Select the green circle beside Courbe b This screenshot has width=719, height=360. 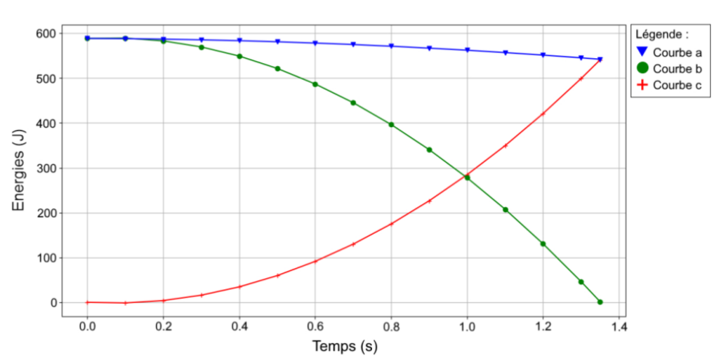pyautogui.click(x=642, y=69)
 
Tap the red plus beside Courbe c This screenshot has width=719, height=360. pyautogui.click(x=642, y=86)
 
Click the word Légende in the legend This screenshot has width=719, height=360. pyautogui.click(x=660, y=34)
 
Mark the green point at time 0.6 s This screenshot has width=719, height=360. pyautogui.click(x=315, y=84)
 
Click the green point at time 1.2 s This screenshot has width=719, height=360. pyautogui.click(x=543, y=244)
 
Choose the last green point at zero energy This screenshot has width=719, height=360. pyautogui.click(x=600, y=302)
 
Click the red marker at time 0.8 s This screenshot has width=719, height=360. pyautogui.click(x=391, y=224)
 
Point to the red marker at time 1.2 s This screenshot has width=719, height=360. pyautogui.click(x=543, y=114)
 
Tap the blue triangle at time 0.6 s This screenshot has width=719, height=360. pyautogui.click(x=315, y=44)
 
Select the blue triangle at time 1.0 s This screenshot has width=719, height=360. pyautogui.click(x=467, y=51)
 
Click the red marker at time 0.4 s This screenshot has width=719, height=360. pyautogui.click(x=239, y=286)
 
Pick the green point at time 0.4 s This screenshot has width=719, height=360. pyautogui.click(x=239, y=56)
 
